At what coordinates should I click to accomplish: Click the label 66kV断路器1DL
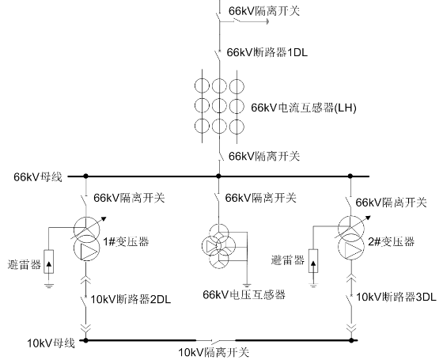[267, 52]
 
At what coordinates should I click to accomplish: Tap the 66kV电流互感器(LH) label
[304, 108]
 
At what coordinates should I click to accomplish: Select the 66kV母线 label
[38, 177]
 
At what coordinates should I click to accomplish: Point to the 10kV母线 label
[51, 343]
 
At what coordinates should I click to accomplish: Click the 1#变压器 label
[126, 241]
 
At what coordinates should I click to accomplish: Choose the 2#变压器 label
[392, 241]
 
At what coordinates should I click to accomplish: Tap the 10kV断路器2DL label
[131, 299]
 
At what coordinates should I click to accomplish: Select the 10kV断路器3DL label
[396, 297]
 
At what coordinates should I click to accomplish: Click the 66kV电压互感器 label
[244, 294]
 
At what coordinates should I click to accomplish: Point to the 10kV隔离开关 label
[214, 353]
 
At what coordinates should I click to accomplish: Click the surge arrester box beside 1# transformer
[49, 262]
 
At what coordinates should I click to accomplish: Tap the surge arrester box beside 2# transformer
[313, 261]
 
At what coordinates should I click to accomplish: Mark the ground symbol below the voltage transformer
[247, 286]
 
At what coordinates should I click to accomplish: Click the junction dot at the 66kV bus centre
[218, 176]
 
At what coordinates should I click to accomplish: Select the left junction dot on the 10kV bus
[86, 340]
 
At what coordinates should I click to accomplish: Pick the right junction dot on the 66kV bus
[350, 176]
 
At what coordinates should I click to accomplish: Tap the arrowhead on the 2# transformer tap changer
[368, 218]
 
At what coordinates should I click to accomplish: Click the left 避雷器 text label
[25, 265]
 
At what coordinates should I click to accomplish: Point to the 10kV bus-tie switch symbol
[215, 340]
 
